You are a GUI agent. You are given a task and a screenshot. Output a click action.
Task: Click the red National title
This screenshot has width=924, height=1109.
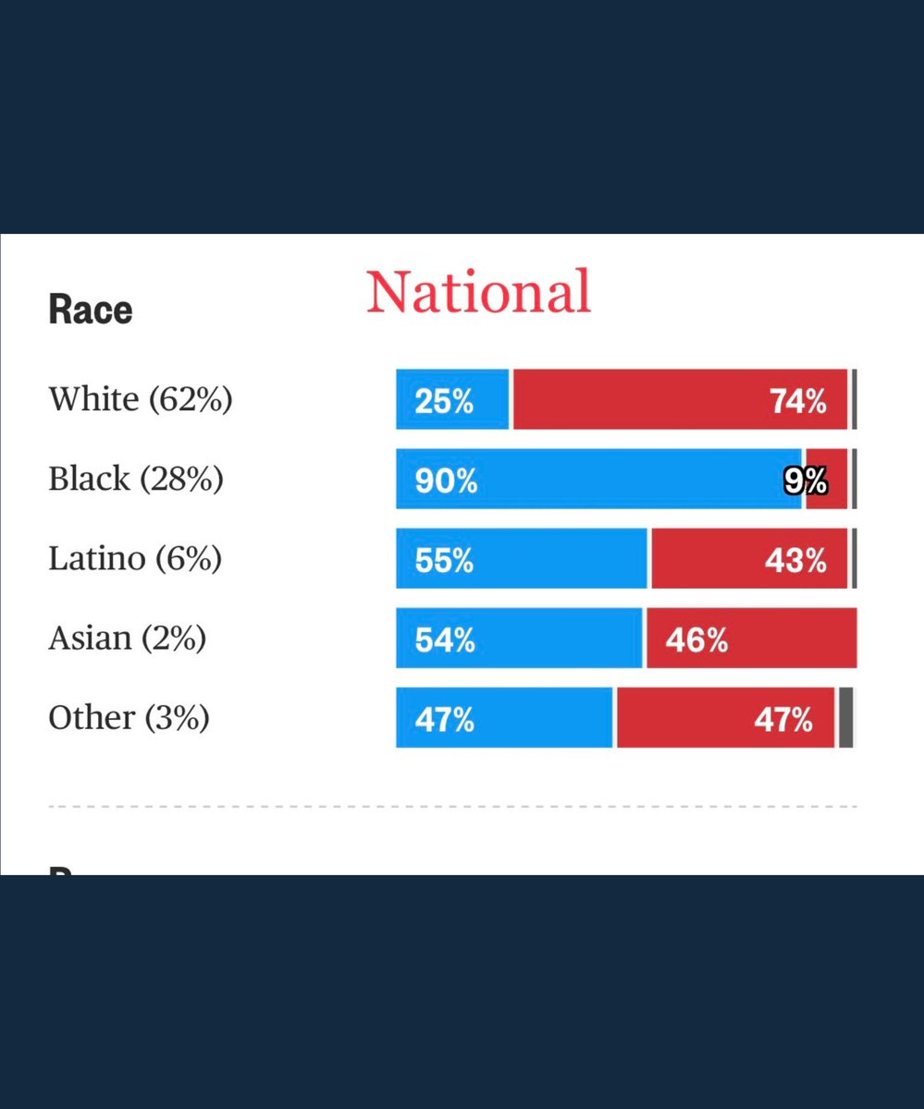pos(478,292)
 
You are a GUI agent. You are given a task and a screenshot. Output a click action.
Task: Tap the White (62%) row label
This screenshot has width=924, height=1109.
pos(141,399)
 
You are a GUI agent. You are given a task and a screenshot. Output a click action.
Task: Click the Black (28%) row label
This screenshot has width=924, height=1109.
pos(136,479)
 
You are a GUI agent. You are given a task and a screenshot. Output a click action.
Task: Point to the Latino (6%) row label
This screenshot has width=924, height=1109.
pos(135,558)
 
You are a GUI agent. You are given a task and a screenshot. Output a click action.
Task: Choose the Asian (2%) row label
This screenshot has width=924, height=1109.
pos(127,638)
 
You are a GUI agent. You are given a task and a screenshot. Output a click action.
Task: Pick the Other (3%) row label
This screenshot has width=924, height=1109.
pos(129,717)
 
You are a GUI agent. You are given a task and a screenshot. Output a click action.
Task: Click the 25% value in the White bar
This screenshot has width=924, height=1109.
pos(444,401)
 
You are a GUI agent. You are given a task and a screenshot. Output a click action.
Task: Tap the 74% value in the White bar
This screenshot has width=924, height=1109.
pos(797,401)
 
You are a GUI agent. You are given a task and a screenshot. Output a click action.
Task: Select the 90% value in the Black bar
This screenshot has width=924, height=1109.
pos(446,481)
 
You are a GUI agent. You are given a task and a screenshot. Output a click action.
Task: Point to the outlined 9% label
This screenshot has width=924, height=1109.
pos(805,481)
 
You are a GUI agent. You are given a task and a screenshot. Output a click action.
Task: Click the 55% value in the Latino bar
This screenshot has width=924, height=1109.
pos(444,561)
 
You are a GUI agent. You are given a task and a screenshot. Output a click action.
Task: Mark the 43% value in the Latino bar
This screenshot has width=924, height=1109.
pos(795,561)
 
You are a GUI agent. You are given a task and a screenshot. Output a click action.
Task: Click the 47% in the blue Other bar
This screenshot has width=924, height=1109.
pos(445,720)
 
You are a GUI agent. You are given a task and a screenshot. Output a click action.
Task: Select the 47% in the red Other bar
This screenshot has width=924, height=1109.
pos(782,720)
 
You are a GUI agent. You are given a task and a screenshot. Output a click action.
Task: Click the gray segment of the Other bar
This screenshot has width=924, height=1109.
pos(845,717)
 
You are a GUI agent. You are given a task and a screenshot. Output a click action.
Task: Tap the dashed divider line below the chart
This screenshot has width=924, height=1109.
pos(452,807)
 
